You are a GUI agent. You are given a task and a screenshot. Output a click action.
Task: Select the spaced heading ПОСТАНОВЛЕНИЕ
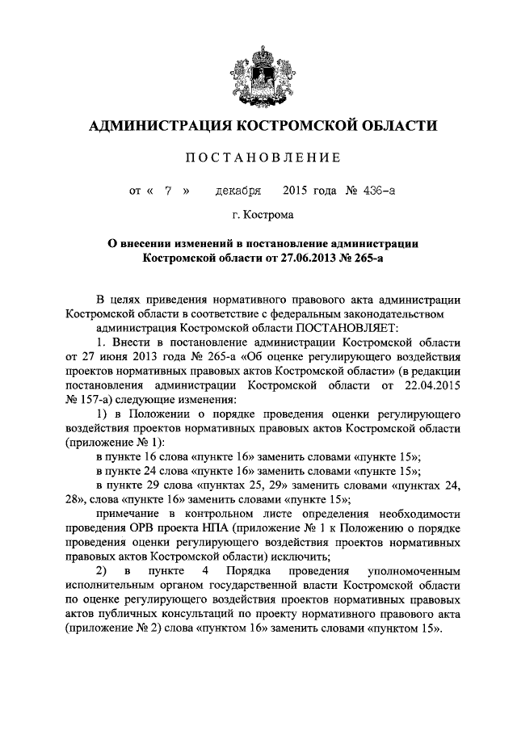point(258,157)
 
